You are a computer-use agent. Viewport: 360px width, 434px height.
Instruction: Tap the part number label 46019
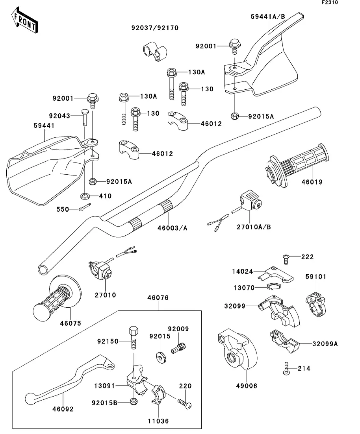coord(312,182)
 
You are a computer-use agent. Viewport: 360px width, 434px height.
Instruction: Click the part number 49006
coord(247,386)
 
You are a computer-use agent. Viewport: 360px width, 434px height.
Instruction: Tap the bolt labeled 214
coord(286,368)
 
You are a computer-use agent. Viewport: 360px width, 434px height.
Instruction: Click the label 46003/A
coord(172,227)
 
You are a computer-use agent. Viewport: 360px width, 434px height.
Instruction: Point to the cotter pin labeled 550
coord(84,208)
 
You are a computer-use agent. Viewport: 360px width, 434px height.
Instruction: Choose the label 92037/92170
coord(155,28)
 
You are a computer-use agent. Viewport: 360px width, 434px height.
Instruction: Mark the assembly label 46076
coord(158,298)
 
